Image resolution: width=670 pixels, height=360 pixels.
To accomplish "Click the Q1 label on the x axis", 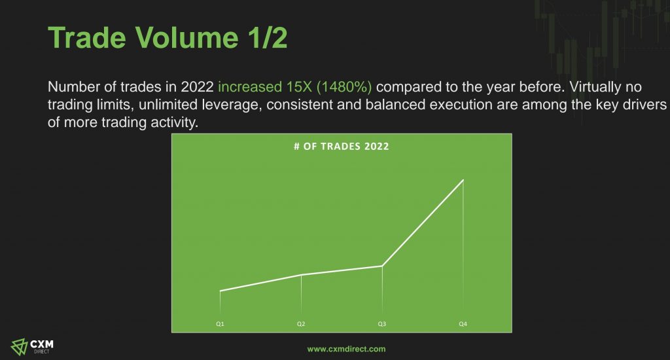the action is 220,324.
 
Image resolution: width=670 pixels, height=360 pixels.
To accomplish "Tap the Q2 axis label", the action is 301,324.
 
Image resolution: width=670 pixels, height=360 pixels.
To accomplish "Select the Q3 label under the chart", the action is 382,324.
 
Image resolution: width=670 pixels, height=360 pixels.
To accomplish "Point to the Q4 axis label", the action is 463,324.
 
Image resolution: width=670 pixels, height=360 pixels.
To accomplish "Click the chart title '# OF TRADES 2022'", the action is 342,146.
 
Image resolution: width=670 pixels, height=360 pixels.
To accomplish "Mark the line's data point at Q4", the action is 463,180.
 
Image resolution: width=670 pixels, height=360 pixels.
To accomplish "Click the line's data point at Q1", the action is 220,291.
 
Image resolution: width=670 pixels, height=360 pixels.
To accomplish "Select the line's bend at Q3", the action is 382,266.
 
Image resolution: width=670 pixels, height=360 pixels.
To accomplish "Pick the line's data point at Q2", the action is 301,275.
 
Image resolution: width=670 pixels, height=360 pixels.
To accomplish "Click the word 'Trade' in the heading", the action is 87,37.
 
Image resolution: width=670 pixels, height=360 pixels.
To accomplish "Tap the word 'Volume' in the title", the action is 187,37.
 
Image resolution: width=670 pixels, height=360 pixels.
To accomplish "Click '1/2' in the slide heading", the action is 268,37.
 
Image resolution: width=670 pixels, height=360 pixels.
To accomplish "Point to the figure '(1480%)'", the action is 344,87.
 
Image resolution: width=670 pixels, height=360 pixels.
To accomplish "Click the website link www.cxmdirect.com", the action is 346,349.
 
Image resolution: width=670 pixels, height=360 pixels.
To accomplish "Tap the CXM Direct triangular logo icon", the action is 19,347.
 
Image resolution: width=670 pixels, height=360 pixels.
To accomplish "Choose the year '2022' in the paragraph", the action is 197,87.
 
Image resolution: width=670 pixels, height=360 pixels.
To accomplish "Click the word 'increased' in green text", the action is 250,87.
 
